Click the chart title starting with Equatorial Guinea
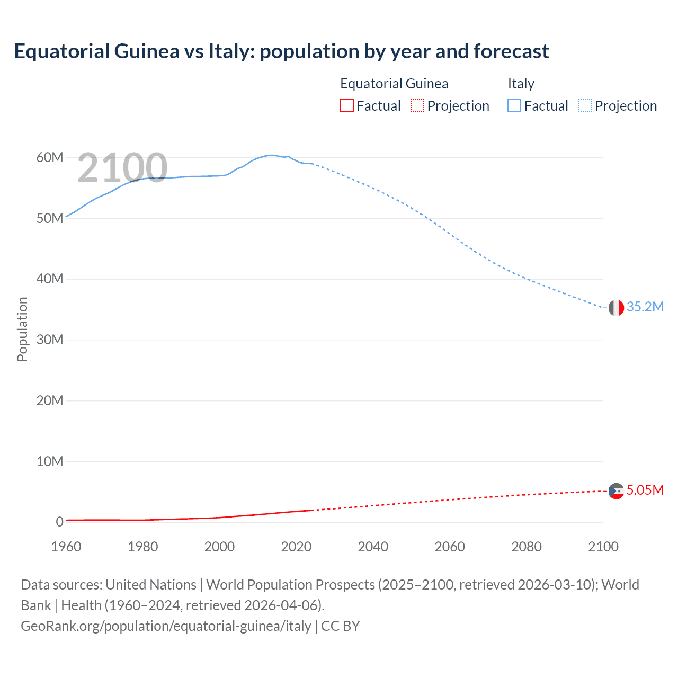pyautogui.click(x=281, y=51)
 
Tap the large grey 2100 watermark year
pyautogui.click(x=122, y=168)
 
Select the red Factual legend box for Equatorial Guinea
pyautogui.click(x=346, y=106)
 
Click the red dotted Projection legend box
pyautogui.click(x=417, y=106)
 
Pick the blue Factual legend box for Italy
pyautogui.click(x=514, y=106)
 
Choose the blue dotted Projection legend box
pyautogui.click(x=585, y=106)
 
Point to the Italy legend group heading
pyautogui.click(x=521, y=84)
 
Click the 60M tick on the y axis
pyautogui.click(x=50, y=157)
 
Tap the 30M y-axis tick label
pyautogui.click(x=50, y=340)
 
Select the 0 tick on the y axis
pyautogui.click(x=59, y=522)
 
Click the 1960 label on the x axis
pyautogui.click(x=66, y=547)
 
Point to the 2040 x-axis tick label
pyautogui.click(x=373, y=547)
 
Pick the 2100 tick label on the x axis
pyautogui.click(x=603, y=547)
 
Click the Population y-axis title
pyautogui.click(x=22, y=329)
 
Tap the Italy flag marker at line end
pyautogui.click(x=616, y=307)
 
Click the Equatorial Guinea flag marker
pyautogui.click(x=616, y=491)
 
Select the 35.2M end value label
pyautogui.click(x=645, y=307)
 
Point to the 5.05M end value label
pyautogui.click(x=645, y=490)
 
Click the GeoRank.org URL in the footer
pyautogui.click(x=166, y=626)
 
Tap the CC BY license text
pyautogui.click(x=341, y=626)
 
